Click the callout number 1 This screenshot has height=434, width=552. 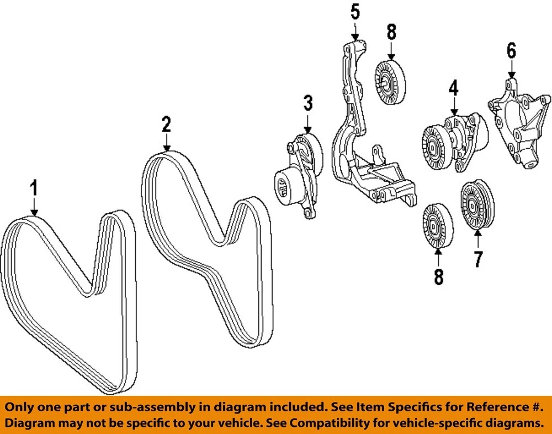click(x=34, y=189)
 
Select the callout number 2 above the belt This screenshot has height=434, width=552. click(x=166, y=124)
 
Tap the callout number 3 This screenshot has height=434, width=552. click(x=307, y=103)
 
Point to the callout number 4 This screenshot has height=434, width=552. click(x=453, y=87)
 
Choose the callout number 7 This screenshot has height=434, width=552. click(x=477, y=259)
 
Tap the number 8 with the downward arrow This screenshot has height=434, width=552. click(x=391, y=32)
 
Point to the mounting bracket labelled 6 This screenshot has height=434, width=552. click(x=519, y=127)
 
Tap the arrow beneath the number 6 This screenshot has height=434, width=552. click(x=511, y=71)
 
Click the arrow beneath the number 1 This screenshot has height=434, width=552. click(x=34, y=208)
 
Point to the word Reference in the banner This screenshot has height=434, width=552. click(x=491, y=407)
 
